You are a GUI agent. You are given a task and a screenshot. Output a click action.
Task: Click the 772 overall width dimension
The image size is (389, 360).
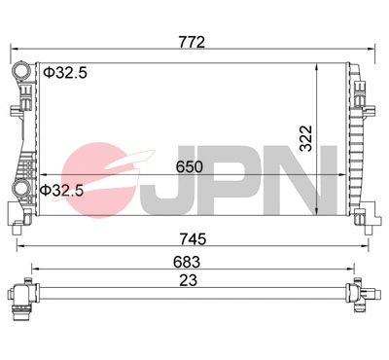click(x=192, y=42)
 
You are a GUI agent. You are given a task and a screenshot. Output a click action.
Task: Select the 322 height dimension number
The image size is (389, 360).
click(x=305, y=138)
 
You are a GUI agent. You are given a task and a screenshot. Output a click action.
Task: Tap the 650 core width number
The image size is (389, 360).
click(x=190, y=166)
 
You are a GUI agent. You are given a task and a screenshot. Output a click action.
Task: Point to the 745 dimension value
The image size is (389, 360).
click(x=193, y=239)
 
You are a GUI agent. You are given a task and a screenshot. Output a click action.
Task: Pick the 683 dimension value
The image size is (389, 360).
click(x=187, y=262)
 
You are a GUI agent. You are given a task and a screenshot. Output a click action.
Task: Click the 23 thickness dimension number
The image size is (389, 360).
click(x=189, y=280)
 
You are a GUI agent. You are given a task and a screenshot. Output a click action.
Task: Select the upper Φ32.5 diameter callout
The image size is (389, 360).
click(x=65, y=73)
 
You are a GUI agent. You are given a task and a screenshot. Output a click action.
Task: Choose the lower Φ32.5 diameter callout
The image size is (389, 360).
click(x=61, y=191)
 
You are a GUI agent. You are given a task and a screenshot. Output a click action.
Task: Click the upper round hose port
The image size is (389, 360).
click(x=21, y=70)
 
